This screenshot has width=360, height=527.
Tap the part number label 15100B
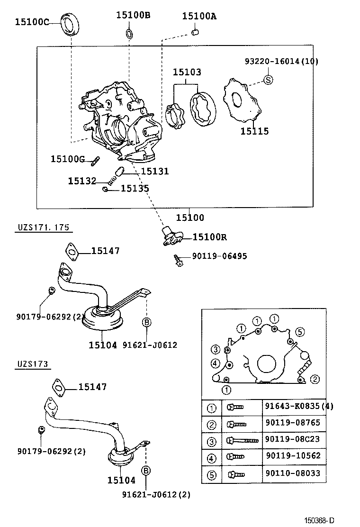tap(133, 15)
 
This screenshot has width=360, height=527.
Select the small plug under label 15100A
tap(194, 32)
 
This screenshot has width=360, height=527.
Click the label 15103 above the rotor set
tap(186, 72)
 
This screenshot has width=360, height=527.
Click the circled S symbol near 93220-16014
tap(268, 80)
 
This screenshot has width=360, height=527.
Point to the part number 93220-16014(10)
tap(281, 61)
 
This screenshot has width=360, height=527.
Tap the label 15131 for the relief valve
tap(154, 172)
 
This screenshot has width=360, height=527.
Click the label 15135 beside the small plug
tap(135, 189)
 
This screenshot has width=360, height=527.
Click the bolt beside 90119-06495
tap(179, 260)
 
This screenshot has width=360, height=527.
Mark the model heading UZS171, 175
tap(43, 227)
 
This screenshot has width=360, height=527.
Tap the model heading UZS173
tap(33, 364)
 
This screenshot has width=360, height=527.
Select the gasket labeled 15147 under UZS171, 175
tap(71, 251)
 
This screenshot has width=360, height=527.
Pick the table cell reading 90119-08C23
tap(292, 439)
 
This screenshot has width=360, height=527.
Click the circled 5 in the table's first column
tap(212, 473)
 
